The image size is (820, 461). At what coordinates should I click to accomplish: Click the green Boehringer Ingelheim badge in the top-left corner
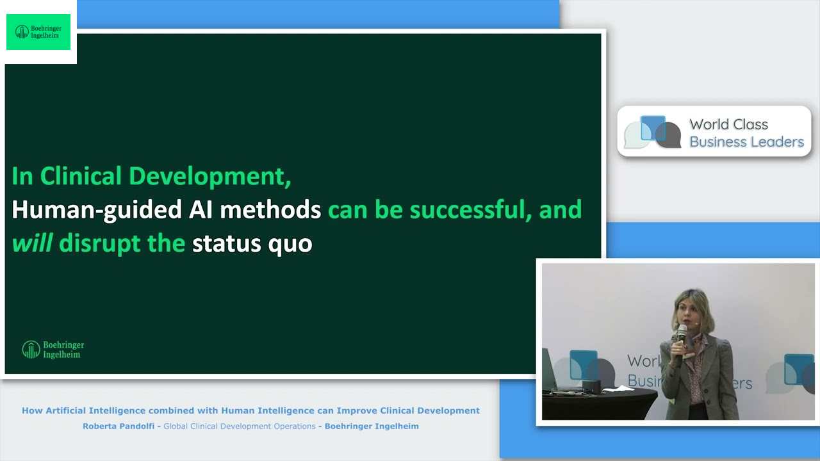[x=38, y=32]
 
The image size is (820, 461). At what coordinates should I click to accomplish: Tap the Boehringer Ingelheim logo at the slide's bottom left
[x=53, y=350]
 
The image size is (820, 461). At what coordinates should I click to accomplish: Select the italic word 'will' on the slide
[x=32, y=243]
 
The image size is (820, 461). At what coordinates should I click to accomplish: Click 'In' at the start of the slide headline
[x=22, y=177]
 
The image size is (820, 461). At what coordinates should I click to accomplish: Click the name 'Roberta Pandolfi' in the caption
[x=120, y=426]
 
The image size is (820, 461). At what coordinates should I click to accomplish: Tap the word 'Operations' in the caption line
[x=290, y=426]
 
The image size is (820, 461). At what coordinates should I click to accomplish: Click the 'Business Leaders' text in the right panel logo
[x=746, y=142]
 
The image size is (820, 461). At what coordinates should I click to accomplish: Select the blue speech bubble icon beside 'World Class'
[x=653, y=129]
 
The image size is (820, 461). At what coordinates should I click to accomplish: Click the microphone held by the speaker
[x=680, y=333]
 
